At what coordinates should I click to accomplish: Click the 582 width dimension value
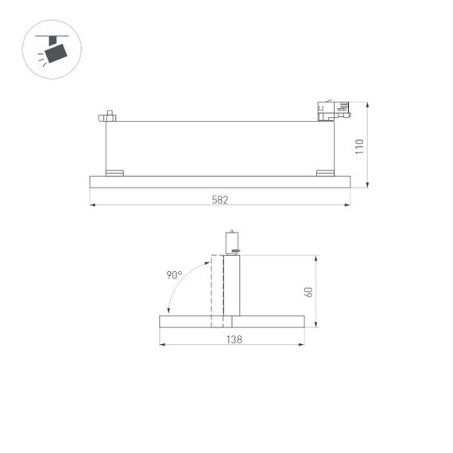pos(220,200)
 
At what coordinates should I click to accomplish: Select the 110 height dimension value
pos(359,146)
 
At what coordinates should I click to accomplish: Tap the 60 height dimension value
pos(308,291)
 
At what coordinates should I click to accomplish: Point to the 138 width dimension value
pos(232,339)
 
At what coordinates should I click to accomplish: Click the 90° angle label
pos(174,275)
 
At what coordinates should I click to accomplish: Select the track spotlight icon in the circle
pos(52,48)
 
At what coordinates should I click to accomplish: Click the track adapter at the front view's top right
pos(332,110)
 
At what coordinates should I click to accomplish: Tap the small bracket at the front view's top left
pos(107,117)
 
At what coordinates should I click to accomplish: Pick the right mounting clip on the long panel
pos(325,172)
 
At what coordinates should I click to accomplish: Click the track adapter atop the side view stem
pos(232,242)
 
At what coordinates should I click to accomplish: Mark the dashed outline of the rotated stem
pos(216,291)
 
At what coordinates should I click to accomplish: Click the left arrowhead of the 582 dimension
pos(92,205)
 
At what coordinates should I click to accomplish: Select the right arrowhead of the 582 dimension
pos(348,205)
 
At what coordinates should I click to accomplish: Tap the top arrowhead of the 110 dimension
pos(367,104)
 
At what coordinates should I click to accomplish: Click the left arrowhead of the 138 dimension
pos(162,344)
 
